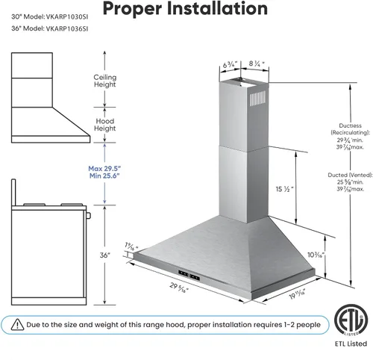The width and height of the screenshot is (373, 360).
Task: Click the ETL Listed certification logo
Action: point(351,320)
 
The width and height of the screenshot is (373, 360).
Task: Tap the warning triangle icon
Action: point(17,325)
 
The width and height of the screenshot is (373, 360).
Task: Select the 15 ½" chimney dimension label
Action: point(284,189)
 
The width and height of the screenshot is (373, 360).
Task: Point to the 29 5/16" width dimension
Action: point(179,288)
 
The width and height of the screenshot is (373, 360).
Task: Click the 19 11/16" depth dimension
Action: point(297,294)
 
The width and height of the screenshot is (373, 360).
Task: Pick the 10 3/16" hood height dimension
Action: point(316,255)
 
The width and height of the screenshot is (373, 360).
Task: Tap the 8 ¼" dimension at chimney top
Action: point(257,63)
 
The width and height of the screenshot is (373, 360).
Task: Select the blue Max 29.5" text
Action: point(104,169)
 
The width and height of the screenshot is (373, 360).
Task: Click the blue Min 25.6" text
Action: point(104,176)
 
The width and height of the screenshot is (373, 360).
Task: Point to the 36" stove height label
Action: point(105,255)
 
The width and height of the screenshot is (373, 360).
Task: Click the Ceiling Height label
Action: point(105,81)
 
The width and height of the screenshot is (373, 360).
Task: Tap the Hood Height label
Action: point(105,125)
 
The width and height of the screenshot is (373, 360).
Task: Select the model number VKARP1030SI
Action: point(67,17)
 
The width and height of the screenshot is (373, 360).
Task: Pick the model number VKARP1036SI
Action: point(67,28)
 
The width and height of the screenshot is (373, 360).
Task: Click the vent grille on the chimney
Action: point(257,99)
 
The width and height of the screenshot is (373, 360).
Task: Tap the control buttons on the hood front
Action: point(189,275)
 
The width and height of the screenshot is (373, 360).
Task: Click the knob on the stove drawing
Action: point(88,215)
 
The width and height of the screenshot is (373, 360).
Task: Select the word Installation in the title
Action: point(217,8)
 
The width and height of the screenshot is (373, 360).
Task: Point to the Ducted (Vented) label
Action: point(350,175)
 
